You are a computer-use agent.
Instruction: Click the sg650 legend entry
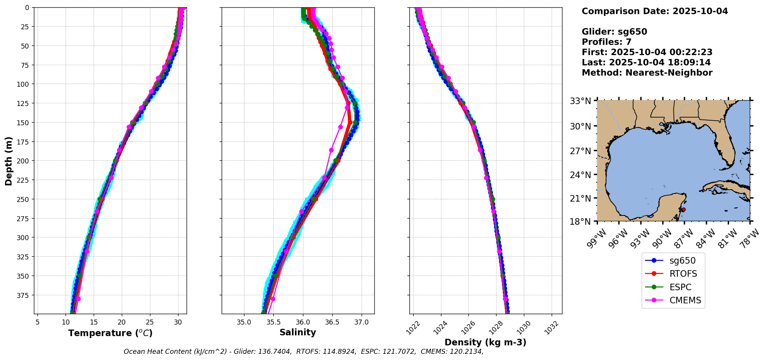(682, 261)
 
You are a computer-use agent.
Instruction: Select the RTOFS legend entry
(683, 274)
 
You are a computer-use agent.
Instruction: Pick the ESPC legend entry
(680, 287)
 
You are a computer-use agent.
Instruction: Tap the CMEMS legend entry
(685, 301)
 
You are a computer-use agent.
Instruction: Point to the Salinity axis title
(298, 333)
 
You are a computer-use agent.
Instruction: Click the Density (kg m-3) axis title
(485, 342)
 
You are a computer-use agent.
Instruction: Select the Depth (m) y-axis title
(8, 161)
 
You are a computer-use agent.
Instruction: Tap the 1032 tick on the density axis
(552, 326)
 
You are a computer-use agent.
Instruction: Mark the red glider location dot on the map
(684, 210)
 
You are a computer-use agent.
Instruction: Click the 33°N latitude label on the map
(581, 101)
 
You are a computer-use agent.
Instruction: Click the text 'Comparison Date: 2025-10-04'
(655, 11)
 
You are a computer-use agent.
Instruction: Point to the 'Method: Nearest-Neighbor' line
(647, 73)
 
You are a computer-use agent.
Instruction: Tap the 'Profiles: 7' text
(606, 42)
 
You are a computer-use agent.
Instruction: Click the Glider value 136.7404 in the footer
(276, 352)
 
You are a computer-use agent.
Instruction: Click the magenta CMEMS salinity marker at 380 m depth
(273, 299)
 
